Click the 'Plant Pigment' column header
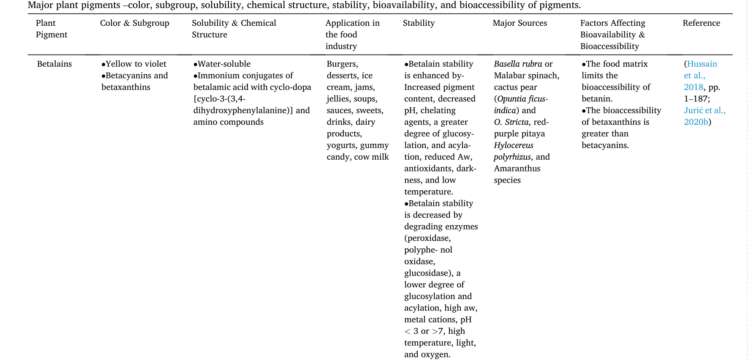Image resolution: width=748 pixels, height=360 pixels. click(x=51, y=29)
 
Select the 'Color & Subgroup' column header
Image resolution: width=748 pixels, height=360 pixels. click(x=134, y=23)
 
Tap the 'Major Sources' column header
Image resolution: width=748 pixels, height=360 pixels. click(x=520, y=23)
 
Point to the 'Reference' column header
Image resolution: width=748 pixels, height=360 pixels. click(x=701, y=23)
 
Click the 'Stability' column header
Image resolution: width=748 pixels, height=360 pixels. click(x=419, y=23)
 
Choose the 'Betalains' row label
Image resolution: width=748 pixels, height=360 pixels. click(x=54, y=64)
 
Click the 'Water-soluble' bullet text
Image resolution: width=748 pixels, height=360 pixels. click(x=224, y=64)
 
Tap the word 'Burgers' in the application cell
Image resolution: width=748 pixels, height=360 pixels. click(x=342, y=64)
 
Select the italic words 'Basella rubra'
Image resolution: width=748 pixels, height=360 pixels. click(x=518, y=64)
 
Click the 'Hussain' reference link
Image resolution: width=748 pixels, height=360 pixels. click(x=702, y=64)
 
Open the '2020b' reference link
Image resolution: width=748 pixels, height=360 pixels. click(x=696, y=122)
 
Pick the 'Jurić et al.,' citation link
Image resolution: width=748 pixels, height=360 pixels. click(x=704, y=110)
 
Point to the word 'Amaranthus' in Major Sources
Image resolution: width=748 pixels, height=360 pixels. click(x=517, y=169)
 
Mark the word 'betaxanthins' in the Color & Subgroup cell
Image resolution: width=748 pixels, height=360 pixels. click(x=126, y=87)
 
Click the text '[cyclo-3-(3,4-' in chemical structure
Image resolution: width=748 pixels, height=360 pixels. click(x=219, y=99)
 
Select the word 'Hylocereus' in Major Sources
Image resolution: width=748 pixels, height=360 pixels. click(x=514, y=145)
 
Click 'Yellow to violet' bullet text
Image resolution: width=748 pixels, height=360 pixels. click(x=136, y=64)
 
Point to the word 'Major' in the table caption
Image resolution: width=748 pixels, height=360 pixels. click(x=41, y=5)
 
